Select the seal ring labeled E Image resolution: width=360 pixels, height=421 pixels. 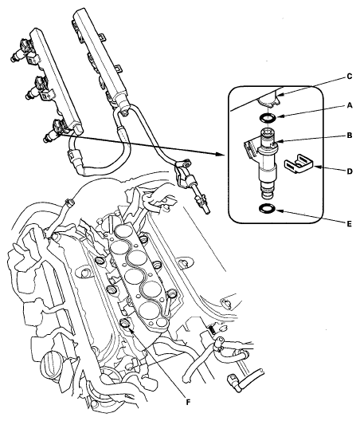[268, 209]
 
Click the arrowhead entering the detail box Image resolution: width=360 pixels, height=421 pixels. [222, 149]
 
